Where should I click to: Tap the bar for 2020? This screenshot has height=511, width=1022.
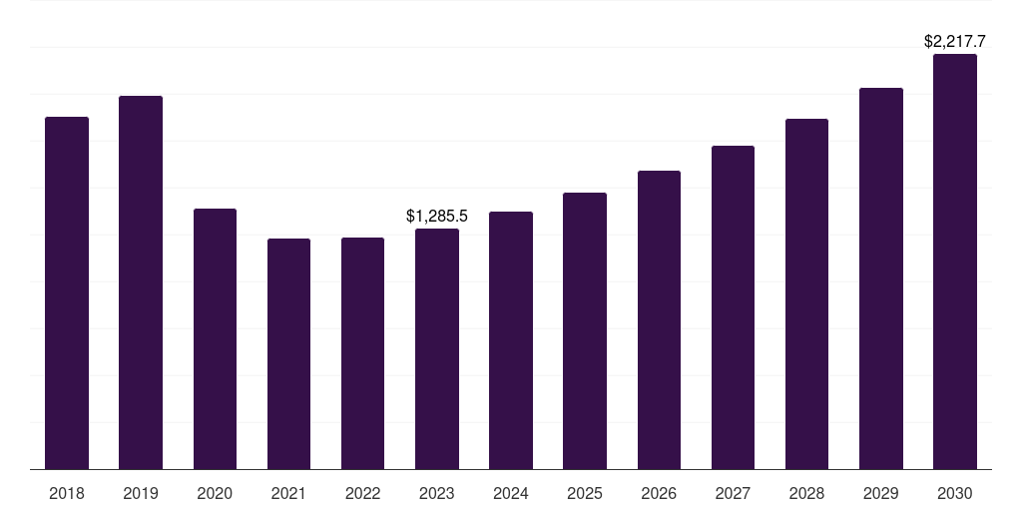(215, 338)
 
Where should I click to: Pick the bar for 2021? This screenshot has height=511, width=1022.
(288, 353)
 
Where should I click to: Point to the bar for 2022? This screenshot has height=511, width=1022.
(362, 353)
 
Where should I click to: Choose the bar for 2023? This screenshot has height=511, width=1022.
(437, 348)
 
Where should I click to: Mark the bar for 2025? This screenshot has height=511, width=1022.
(585, 330)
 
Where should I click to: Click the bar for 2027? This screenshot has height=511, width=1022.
(733, 307)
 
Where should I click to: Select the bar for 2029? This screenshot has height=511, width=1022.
(880, 278)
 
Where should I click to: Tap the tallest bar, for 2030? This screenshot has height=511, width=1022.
(955, 261)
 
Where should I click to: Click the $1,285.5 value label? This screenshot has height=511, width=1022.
(437, 216)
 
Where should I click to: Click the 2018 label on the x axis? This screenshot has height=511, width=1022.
(67, 493)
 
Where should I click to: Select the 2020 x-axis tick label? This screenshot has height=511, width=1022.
(215, 493)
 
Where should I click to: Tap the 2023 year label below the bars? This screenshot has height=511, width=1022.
(437, 493)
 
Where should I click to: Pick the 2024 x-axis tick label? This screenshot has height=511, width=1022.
(511, 493)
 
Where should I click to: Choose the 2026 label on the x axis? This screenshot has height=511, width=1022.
(659, 493)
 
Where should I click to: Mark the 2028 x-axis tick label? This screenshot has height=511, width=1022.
(806, 493)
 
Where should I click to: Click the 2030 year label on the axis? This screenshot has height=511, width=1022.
(955, 493)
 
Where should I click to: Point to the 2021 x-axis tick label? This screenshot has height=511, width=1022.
(288, 493)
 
